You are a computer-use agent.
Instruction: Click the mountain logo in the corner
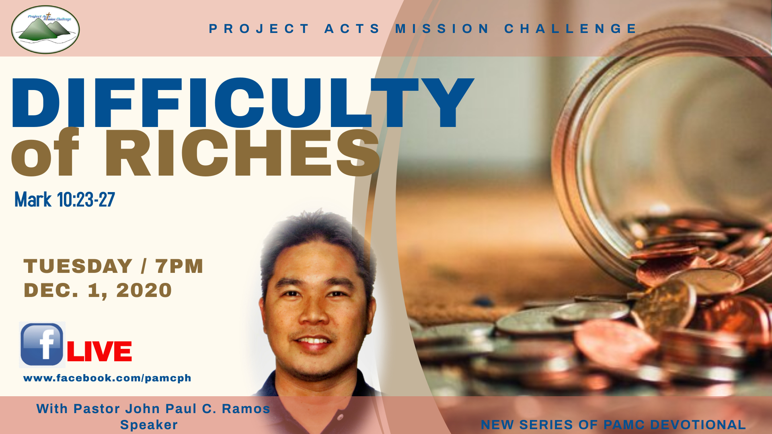[45, 29]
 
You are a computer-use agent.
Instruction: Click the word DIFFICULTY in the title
[242, 103]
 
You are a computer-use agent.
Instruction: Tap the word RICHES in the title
[242, 153]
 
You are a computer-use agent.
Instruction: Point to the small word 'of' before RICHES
[45, 153]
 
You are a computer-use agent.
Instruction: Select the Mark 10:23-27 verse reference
[65, 199]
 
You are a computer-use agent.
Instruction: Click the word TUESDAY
[78, 266]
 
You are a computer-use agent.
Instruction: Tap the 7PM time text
[179, 266]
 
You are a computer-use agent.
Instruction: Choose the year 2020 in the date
[144, 290]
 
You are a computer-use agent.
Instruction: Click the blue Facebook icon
[42, 345]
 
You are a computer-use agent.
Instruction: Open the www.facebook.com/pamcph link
[107, 378]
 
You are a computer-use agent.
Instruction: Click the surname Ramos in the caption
[246, 409]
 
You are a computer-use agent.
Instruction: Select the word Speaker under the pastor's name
[149, 425]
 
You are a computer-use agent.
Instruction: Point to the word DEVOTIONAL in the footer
[698, 425]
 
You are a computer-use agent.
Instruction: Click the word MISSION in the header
[442, 29]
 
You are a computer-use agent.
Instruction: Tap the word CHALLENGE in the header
[571, 29]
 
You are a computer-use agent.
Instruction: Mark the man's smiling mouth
[314, 342]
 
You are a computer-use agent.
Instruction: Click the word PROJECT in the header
[259, 29]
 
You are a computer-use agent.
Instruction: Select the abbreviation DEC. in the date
[51, 290]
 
